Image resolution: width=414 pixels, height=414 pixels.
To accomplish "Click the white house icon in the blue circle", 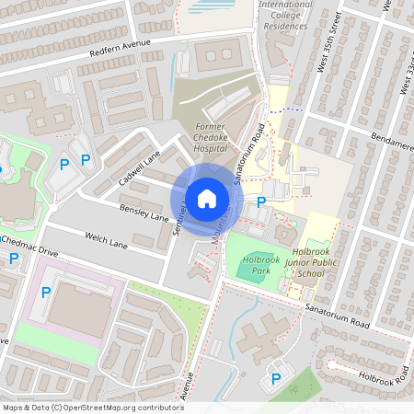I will click(207, 197).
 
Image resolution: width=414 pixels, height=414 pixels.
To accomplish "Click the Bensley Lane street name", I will click(144, 213).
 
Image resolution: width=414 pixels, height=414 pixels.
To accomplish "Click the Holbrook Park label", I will click(260, 266).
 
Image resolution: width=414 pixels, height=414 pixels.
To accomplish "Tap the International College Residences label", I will click(287, 16).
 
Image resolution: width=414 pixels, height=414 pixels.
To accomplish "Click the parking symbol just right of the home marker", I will click(261, 201).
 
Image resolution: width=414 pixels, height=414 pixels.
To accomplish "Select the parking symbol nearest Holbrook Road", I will click(274, 378).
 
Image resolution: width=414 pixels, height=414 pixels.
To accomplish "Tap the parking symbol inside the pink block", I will click(46, 293).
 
